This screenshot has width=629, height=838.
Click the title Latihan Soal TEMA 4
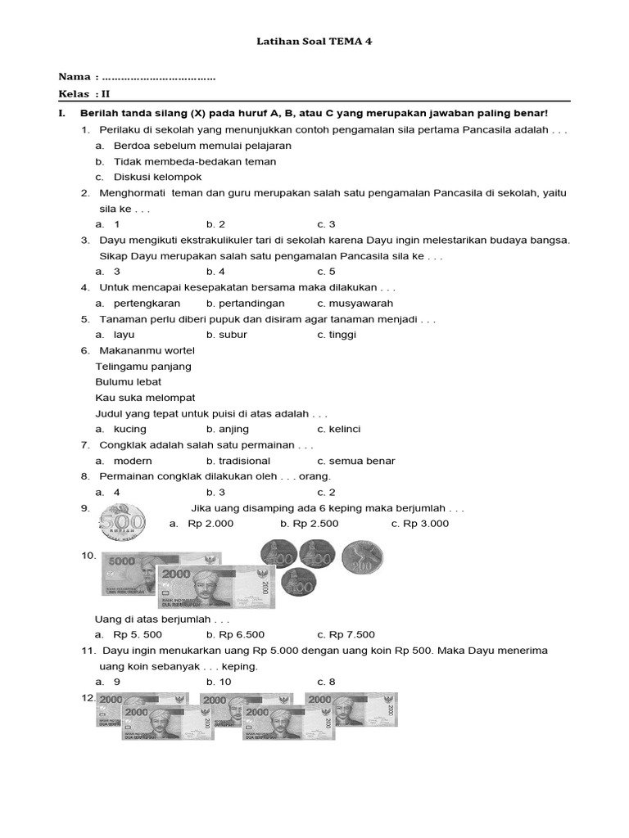point(314,40)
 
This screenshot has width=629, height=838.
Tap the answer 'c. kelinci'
point(339,429)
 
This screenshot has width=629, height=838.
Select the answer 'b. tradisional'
point(238,461)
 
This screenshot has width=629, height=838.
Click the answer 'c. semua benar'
point(356,461)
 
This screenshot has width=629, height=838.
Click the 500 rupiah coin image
point(122,521)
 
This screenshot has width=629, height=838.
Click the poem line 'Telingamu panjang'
point(143,366)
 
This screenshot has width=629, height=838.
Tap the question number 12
point(88,698)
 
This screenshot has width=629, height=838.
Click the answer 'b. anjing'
point(228,429)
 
